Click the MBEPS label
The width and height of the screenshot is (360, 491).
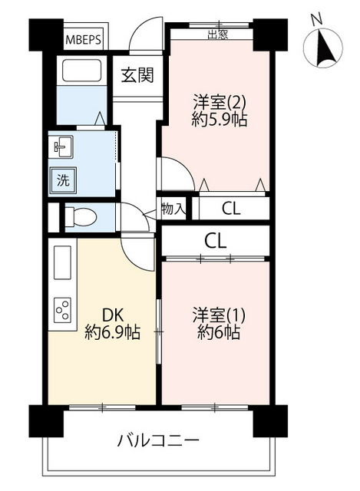click(x=84, y=40)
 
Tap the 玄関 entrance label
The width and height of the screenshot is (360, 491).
click(x=137, y=75)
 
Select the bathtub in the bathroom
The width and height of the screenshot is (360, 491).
click(x=81, y=71)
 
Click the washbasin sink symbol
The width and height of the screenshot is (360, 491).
click(x=61, y=147)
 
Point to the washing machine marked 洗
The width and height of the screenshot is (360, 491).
click(x=63, y=180)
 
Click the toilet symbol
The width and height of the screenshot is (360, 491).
click(x=81, y=216)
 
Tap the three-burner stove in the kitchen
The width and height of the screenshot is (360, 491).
click(x=62, y=310)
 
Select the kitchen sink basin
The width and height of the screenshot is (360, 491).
click(x=63, y=262)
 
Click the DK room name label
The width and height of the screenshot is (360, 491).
click(x=112, y=315)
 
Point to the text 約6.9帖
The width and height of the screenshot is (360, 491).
click(x=112, y=332)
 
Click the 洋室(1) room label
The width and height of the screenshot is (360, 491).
click(x=219, y=315)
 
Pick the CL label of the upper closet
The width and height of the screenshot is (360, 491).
click(x=231, y=209)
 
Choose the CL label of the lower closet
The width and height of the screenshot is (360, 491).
click(x=215, y=241)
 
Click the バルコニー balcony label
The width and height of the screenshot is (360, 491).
click(x=158, y=441)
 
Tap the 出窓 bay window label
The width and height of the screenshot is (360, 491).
click(x=217, y=35)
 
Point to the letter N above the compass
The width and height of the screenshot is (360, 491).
click(x=317, y=20)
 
